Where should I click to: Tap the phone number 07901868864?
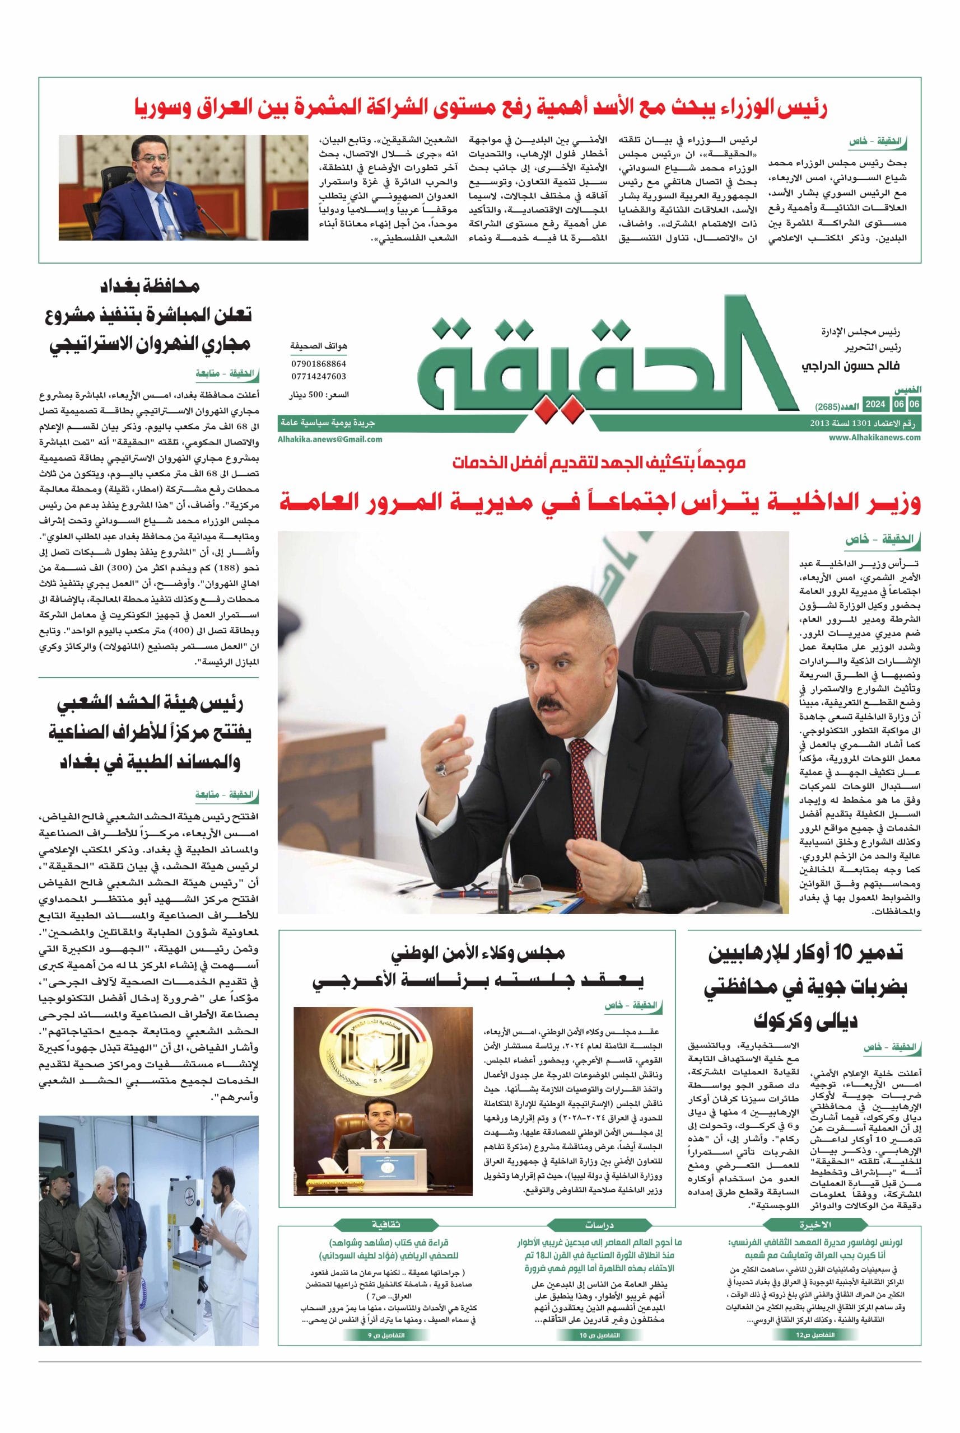(318, 363)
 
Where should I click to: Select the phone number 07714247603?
(318, 376)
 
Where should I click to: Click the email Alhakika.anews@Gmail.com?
(330, 439)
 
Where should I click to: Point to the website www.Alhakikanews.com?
(875, 438)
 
